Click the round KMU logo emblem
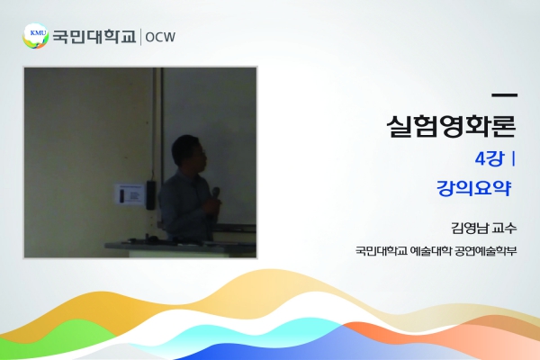tap(35, 36)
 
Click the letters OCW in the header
tap(160, 37)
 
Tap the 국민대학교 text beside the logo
tap(94, 37)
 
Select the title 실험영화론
tap(452, 126)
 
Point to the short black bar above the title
tap(505, 95)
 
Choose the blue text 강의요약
tap(473, 188)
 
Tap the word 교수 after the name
tap(505, 228)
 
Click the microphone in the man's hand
tap(216, 193)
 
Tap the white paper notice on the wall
tap(130, 195)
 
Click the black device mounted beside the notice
tap(150, 194)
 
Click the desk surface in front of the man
tap(180, 246)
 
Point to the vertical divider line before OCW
tap(140, 37)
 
